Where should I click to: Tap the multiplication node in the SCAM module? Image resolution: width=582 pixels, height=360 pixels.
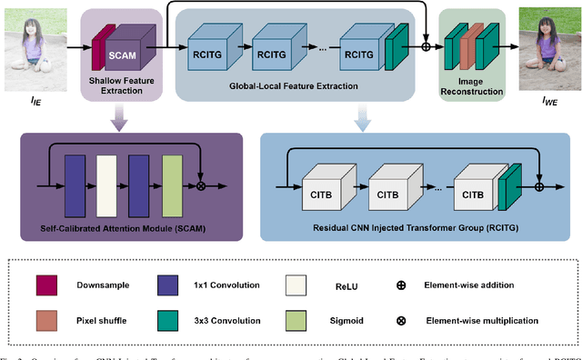point(201,185)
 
